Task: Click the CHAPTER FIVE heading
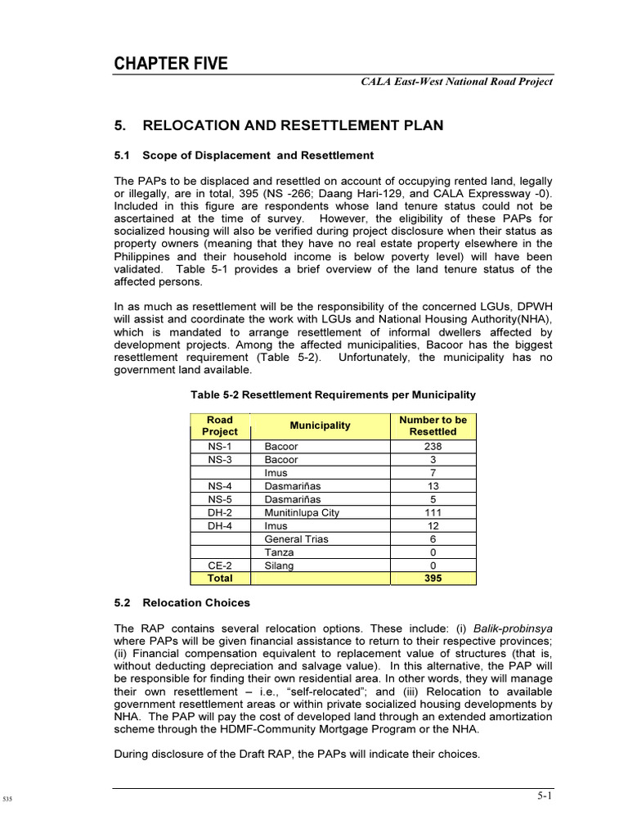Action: click(x=171, y=64)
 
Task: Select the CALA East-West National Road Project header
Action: click(x=456, y=81)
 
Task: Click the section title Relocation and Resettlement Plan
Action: click(x=279, y=125)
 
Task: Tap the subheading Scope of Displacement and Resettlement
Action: click(x=244, y=155)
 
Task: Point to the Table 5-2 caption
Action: click(x=333, y=394)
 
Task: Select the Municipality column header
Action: click(x=321, y=426)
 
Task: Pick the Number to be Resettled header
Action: click(x=433, y=426)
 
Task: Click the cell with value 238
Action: click(x=433, y=447)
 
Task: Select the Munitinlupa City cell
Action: click(x=302, y=513)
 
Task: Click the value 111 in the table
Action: click(x=433, y=513)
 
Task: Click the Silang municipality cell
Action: click(x=280, y=565)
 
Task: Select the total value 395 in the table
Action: click(x=433, y=579)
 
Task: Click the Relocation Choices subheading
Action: click(x=182, y=603)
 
